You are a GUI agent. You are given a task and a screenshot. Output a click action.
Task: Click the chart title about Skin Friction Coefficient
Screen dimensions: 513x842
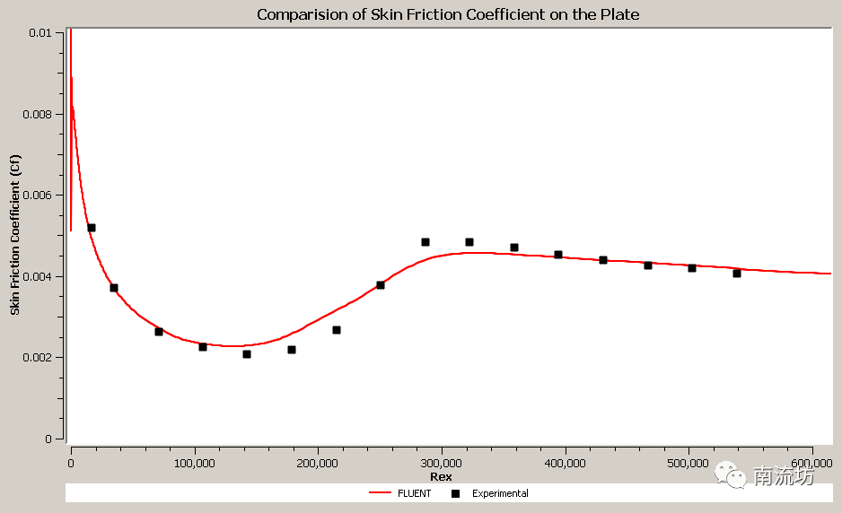[x=448, y=14]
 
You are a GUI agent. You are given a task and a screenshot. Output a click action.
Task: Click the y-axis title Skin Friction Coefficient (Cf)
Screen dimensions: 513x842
[x=14, y=235]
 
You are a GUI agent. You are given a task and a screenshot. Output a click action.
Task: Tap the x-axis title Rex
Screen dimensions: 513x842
[x=441, y=476]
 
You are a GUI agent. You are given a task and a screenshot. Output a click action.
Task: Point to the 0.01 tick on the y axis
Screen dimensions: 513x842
[x=39, y=33]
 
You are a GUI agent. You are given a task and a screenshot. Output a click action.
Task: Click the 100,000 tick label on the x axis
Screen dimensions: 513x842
[x=194, y=463]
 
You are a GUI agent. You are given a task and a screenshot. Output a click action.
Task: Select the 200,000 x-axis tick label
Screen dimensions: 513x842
[x=318, y=463]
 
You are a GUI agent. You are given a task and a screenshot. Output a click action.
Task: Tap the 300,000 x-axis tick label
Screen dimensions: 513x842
[x=441, y=463]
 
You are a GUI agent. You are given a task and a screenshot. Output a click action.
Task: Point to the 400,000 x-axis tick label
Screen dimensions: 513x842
[x=565, y=463]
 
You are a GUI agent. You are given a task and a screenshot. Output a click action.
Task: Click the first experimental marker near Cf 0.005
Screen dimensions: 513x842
[x=92, y=228]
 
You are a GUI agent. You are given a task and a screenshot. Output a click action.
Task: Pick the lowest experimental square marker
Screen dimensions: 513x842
[x=247, y=354]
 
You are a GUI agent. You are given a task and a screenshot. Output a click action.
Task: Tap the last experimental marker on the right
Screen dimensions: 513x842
[x=737, y=273]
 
